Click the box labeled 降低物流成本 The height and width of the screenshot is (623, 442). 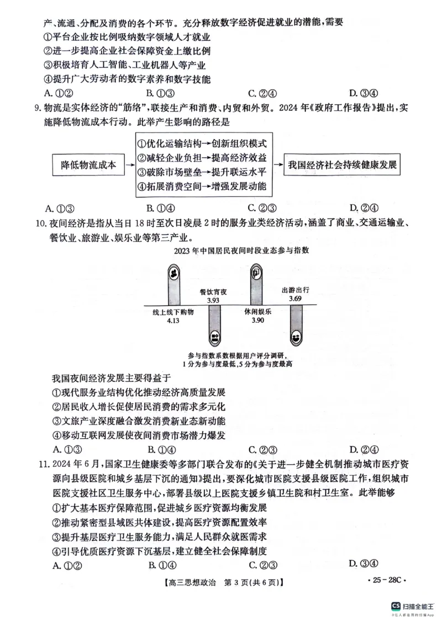(x=88, y=165)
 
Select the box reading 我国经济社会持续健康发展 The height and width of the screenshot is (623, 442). (x=343, y=165)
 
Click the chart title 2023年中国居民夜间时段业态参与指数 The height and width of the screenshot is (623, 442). (x=241, y=251)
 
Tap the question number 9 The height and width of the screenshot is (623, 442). (x=37, y=108)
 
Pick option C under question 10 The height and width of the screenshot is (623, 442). (x=262, y=449)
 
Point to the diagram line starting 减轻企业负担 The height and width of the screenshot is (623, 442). (x=202, y=158)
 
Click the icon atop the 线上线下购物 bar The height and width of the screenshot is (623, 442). (x=173, y=273)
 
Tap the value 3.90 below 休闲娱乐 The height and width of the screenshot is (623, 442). (x=257, y=321)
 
